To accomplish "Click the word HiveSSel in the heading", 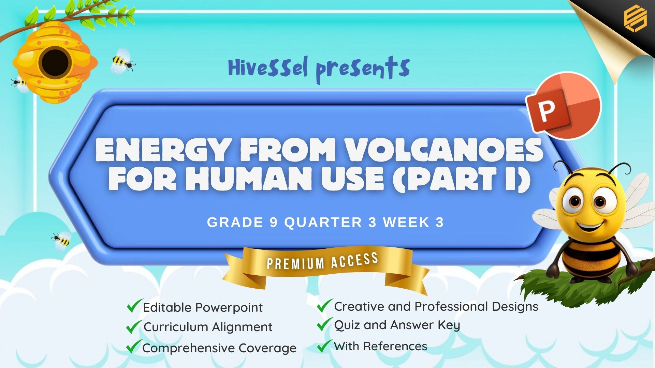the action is [x=268, y=67].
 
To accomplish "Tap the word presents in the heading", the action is [x=363, y=70].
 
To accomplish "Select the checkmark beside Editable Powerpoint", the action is [x=134, y=306].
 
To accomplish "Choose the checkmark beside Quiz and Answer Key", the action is [x=325, y=324].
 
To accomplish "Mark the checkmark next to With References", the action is [x=325, y=346].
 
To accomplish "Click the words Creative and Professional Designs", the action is [x=436, y=307].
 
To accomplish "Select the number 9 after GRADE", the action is [x=274, y=223].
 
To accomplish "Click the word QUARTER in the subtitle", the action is [x=323, y=223].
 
